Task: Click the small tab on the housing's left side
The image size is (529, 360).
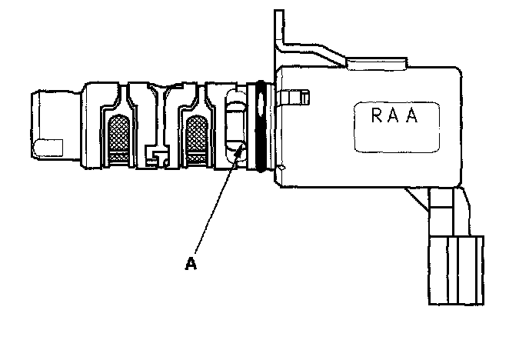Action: [295, 98]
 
